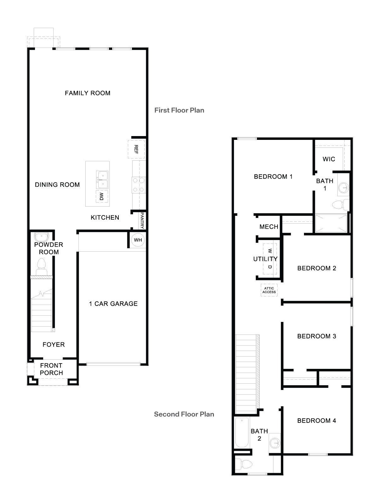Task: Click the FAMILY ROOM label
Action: tap(88, 93)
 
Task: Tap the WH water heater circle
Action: tap(138, 240)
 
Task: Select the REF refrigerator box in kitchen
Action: tap(136, 149)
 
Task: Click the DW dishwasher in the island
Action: tap(102, 197)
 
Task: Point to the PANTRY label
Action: tap(142, 220)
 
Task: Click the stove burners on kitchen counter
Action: tap(139, 185)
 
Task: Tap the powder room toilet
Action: tap(42, 267)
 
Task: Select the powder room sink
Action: tap(41, 237)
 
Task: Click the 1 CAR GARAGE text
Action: tap(113, 304)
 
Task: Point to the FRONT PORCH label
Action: tap(51, 369)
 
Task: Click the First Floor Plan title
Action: tap(179, 110)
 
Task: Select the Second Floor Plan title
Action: tap(184, 414)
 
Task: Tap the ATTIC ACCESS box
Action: tap(269, 290)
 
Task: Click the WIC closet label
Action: tap(329, 159)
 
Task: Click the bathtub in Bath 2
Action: tap(242, 432)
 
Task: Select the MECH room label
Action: tap(269, 227)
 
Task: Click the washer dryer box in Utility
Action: tap(270, 259)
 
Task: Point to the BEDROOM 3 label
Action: tap(317, 336)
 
